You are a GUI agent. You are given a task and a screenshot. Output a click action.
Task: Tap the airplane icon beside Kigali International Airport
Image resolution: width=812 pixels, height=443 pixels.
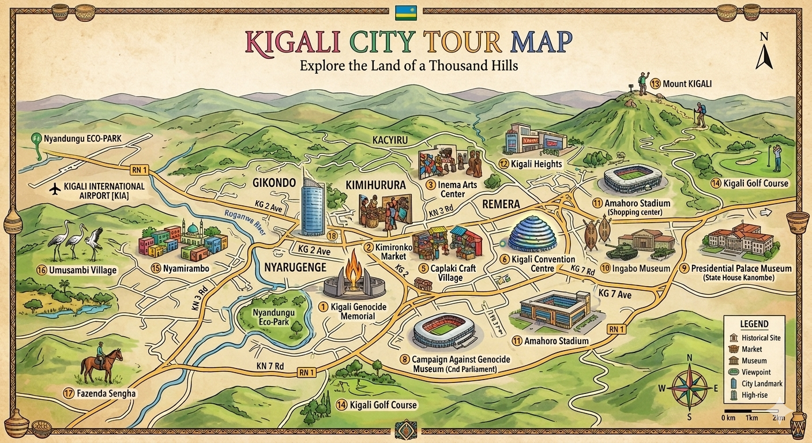55,189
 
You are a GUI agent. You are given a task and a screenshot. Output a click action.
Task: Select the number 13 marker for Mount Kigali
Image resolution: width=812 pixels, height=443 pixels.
655,84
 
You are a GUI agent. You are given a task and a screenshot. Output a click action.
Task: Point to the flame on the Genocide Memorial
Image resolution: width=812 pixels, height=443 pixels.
352,269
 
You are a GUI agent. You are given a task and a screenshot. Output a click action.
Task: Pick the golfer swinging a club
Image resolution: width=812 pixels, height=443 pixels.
777,157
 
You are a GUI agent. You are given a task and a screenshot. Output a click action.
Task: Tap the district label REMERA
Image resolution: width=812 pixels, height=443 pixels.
497,204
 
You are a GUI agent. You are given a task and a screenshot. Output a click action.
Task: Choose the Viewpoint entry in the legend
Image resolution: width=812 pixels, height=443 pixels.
755,373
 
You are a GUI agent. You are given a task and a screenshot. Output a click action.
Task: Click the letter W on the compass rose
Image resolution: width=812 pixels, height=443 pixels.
661,388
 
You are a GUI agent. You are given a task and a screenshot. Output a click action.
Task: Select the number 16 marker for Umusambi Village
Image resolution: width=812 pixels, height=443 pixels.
41,270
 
